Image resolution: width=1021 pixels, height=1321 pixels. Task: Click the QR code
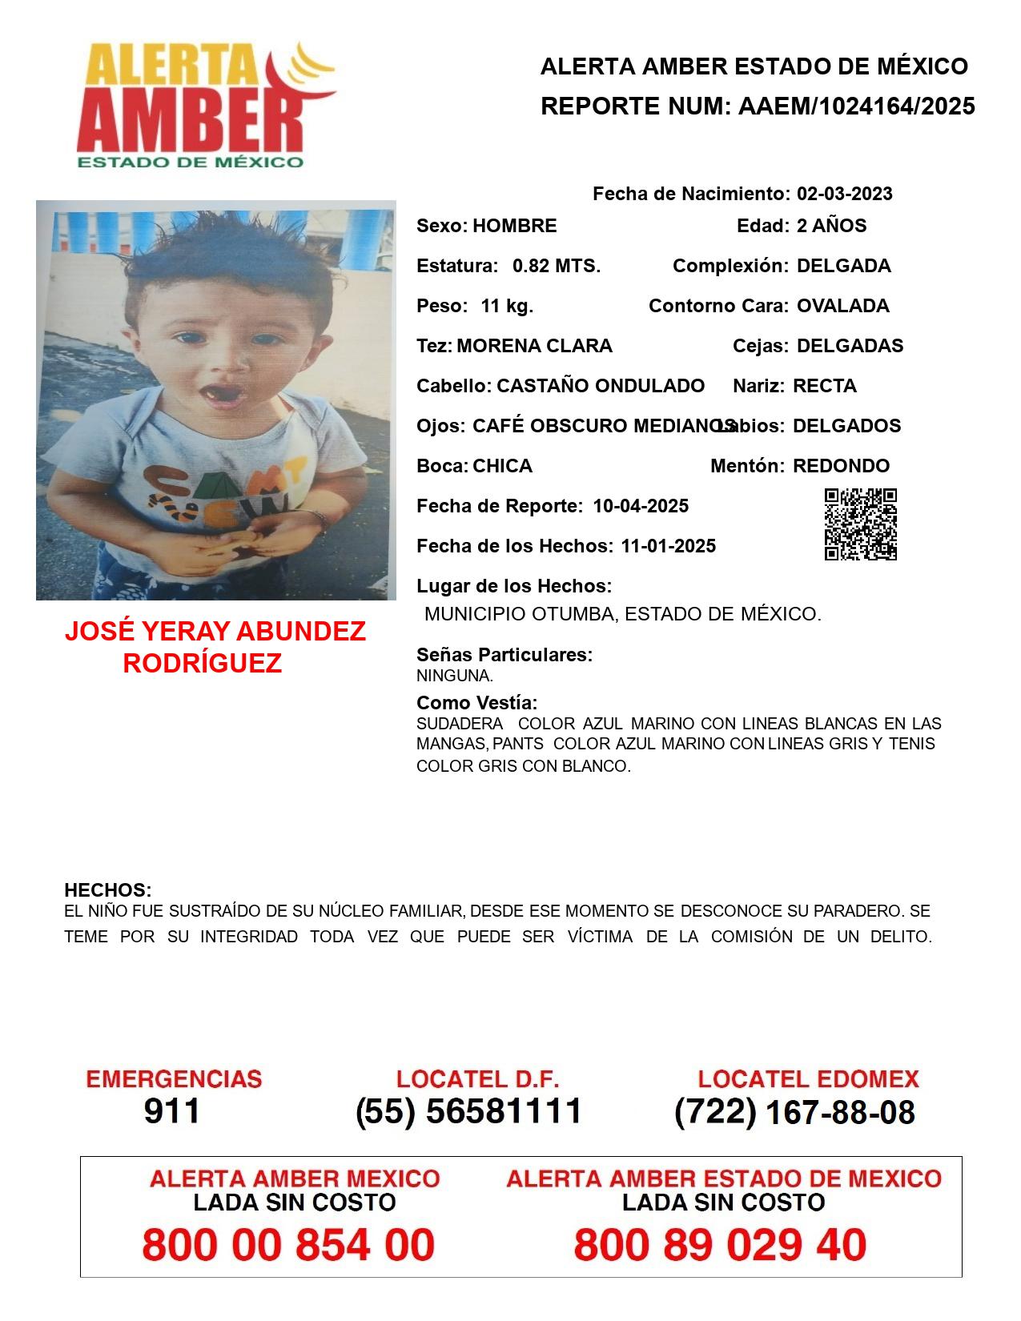point(861,524)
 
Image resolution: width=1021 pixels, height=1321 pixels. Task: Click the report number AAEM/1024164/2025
point(856,106)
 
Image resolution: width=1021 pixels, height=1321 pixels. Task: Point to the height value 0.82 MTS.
point(557,266)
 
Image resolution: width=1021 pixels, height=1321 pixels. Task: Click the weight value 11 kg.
point(507,306)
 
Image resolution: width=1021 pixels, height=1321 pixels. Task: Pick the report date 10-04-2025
point(641,506)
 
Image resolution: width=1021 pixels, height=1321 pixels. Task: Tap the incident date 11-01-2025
point(668,546)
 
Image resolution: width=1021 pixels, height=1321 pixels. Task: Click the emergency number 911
point(172,1111)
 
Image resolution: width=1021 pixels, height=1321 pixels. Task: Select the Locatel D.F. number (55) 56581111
point(468,1111)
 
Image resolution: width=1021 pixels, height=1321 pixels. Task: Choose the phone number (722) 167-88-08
point(794,1112)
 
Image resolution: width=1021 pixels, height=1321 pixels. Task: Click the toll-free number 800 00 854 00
point(288,1245)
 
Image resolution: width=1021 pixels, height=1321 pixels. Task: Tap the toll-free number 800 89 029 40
point(720,1245)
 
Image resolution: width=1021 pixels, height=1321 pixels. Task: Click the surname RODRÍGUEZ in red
point(202,664)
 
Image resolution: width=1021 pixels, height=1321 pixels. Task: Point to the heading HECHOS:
point(107,890)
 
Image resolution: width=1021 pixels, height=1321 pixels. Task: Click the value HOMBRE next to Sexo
point(514,226)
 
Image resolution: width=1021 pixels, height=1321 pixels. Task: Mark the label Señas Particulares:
point(504,655)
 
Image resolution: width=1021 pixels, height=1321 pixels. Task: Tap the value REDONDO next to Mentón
point(841,466)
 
